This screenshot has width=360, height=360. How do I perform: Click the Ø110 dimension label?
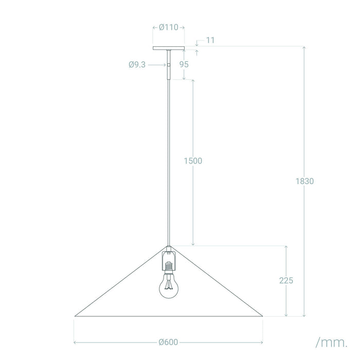169,28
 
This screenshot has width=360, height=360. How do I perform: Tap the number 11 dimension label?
209,40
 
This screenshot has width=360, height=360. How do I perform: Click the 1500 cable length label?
193,160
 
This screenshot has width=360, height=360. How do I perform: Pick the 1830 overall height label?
304,181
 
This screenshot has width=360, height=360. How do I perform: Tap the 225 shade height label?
286,281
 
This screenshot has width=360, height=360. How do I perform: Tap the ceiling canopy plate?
169,49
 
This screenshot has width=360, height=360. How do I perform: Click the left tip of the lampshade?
76,316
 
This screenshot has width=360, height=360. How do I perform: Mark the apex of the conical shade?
169,245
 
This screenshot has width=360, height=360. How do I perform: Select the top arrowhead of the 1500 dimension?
193,81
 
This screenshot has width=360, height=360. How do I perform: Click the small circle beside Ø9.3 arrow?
168,65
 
